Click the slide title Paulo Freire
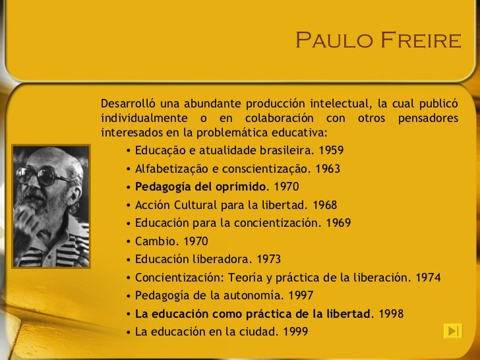377,41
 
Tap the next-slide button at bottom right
452,330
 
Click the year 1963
327,169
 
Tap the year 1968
324,204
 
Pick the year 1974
429,277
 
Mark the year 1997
301,295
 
